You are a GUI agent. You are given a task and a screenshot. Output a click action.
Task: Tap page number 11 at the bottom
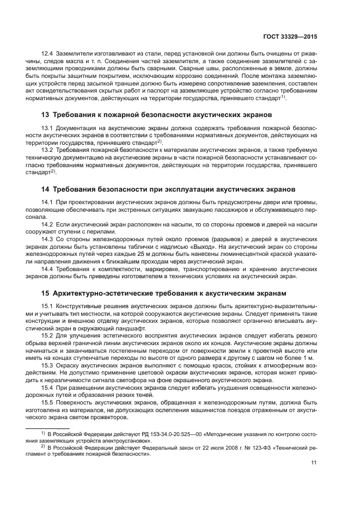[314, 463]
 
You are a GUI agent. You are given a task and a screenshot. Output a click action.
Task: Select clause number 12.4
[47, 54]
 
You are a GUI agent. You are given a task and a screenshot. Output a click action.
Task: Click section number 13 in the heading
[46, 115]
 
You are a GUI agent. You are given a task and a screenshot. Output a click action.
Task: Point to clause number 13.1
[47, 128]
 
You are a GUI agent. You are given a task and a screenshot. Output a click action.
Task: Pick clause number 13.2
[47, 149]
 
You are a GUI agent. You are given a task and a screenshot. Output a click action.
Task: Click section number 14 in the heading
[46, 189]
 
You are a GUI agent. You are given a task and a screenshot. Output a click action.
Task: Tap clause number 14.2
[47, 224]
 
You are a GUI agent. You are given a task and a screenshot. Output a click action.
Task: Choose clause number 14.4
[47, 268]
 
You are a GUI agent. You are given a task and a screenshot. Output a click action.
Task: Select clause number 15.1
[47, 305]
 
